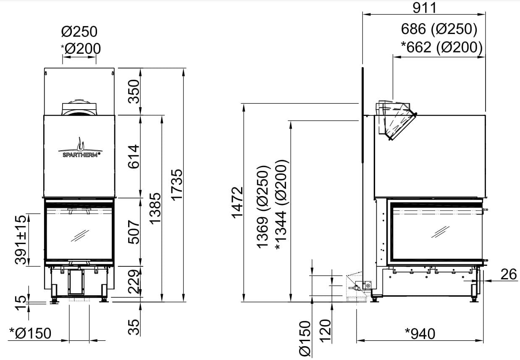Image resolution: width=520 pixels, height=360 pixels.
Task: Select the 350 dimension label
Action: tap(134, 92)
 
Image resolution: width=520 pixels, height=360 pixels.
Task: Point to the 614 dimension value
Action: tap(134, 156)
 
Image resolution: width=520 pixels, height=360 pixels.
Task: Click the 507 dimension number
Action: tap(134, 232)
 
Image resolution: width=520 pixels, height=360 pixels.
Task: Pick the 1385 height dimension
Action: tap(155, 208)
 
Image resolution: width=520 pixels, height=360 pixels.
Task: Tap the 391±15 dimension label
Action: tap(21, 240)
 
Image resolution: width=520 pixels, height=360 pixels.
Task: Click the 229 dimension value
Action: tap(134, 281)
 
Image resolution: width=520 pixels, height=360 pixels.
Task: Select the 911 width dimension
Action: tap(425, 8)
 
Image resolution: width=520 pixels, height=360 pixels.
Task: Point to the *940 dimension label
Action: tap(420, 334)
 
